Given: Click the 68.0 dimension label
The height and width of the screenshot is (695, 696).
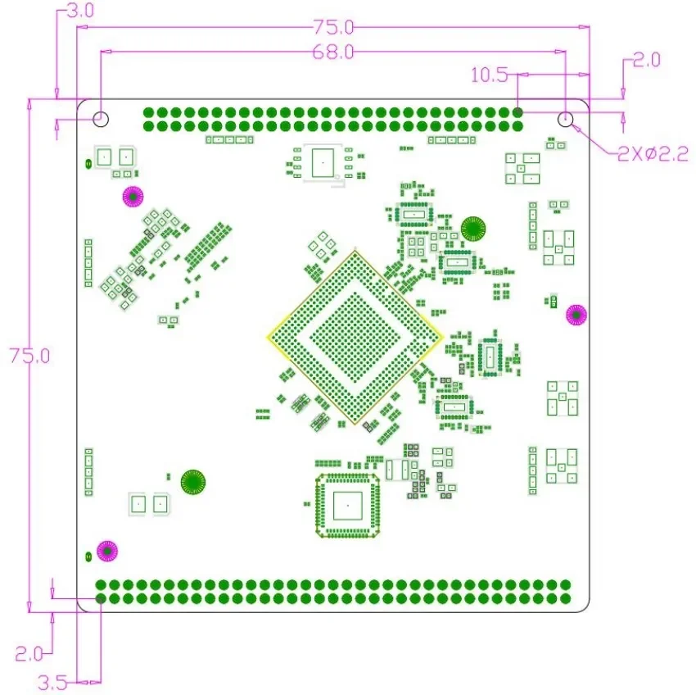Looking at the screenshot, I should pos(332,52).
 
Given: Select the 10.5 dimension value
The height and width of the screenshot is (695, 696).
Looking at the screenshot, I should pos(488,75).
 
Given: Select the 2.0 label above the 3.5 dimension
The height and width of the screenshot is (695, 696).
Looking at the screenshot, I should pos(30,653).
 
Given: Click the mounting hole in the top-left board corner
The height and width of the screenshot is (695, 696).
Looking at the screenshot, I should pos(100,119).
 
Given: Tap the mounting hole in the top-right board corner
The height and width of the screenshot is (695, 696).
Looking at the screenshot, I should pos(566,120).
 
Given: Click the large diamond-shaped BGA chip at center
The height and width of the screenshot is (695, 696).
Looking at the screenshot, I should pos(354,337).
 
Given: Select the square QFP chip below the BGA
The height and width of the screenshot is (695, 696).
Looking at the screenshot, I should pos(348,506).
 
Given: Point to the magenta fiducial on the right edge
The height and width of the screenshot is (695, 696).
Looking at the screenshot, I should pos(576,314).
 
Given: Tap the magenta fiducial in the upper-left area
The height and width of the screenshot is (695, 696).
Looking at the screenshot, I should pos(133,197).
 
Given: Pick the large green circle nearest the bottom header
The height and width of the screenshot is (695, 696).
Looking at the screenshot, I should pos(193,482).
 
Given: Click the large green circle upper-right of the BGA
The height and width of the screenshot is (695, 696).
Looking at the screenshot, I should pos(473,228).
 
